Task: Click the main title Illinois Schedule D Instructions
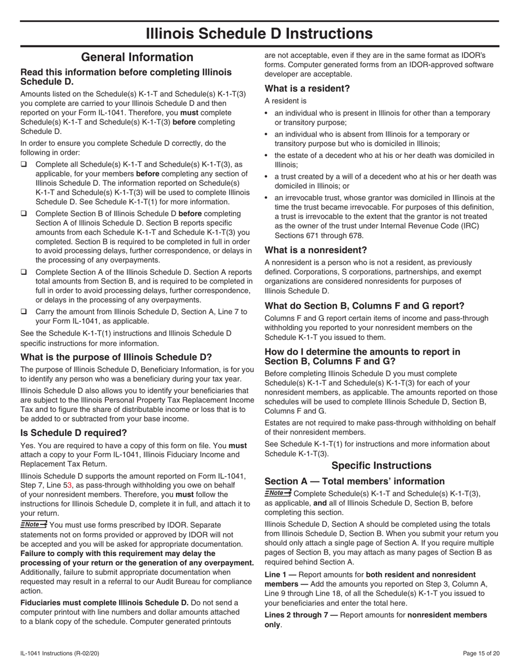[x=259, y=34]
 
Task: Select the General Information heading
[x=137, y=57]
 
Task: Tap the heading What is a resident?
[x=307, y=89]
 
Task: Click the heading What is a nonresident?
[x=316, y=250]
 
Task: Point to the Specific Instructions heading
[x=381, y=465]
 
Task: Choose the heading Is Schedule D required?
[x=74, y=433]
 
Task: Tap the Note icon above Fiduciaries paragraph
[x=34, y=524]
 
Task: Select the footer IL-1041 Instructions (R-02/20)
[x=60, y=653]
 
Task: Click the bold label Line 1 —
[x=281, y=575]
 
